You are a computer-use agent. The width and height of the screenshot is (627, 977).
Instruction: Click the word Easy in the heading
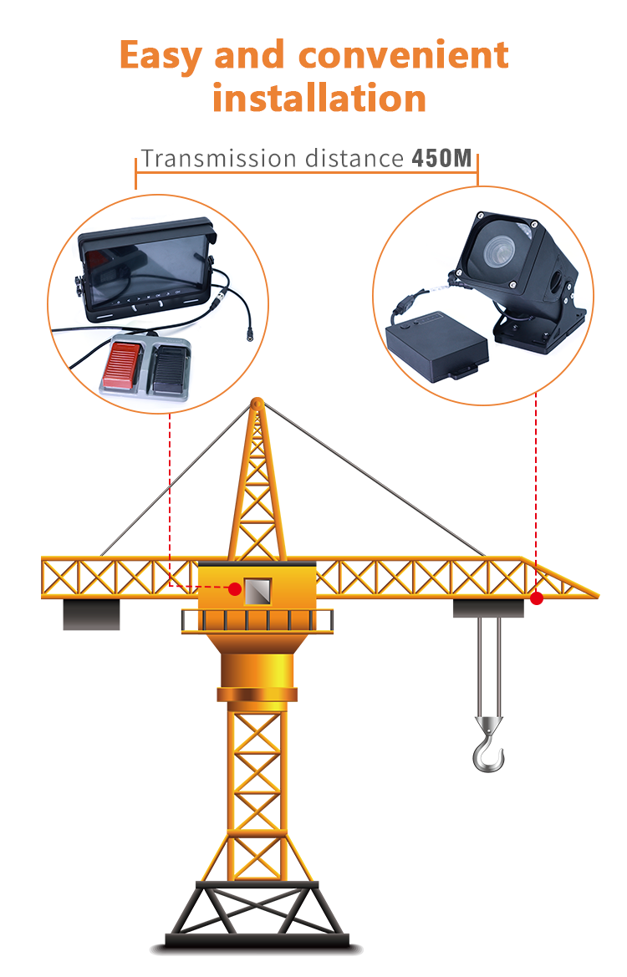coord(161,56)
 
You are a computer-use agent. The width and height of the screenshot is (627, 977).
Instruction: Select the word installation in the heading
coord(319,99)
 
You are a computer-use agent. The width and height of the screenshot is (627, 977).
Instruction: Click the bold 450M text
coord(442,159)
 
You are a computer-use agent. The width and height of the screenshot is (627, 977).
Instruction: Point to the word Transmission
coord(218,159)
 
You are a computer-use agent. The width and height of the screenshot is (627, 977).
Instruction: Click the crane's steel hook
coord(488,745)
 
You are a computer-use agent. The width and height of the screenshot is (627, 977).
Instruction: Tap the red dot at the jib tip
coord(537,598)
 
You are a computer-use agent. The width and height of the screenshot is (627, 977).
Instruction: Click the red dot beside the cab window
coord(235,589)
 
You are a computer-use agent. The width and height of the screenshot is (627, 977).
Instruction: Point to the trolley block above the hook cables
coord(488,608)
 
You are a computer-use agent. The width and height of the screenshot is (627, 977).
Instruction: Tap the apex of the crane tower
coord(257,405)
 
